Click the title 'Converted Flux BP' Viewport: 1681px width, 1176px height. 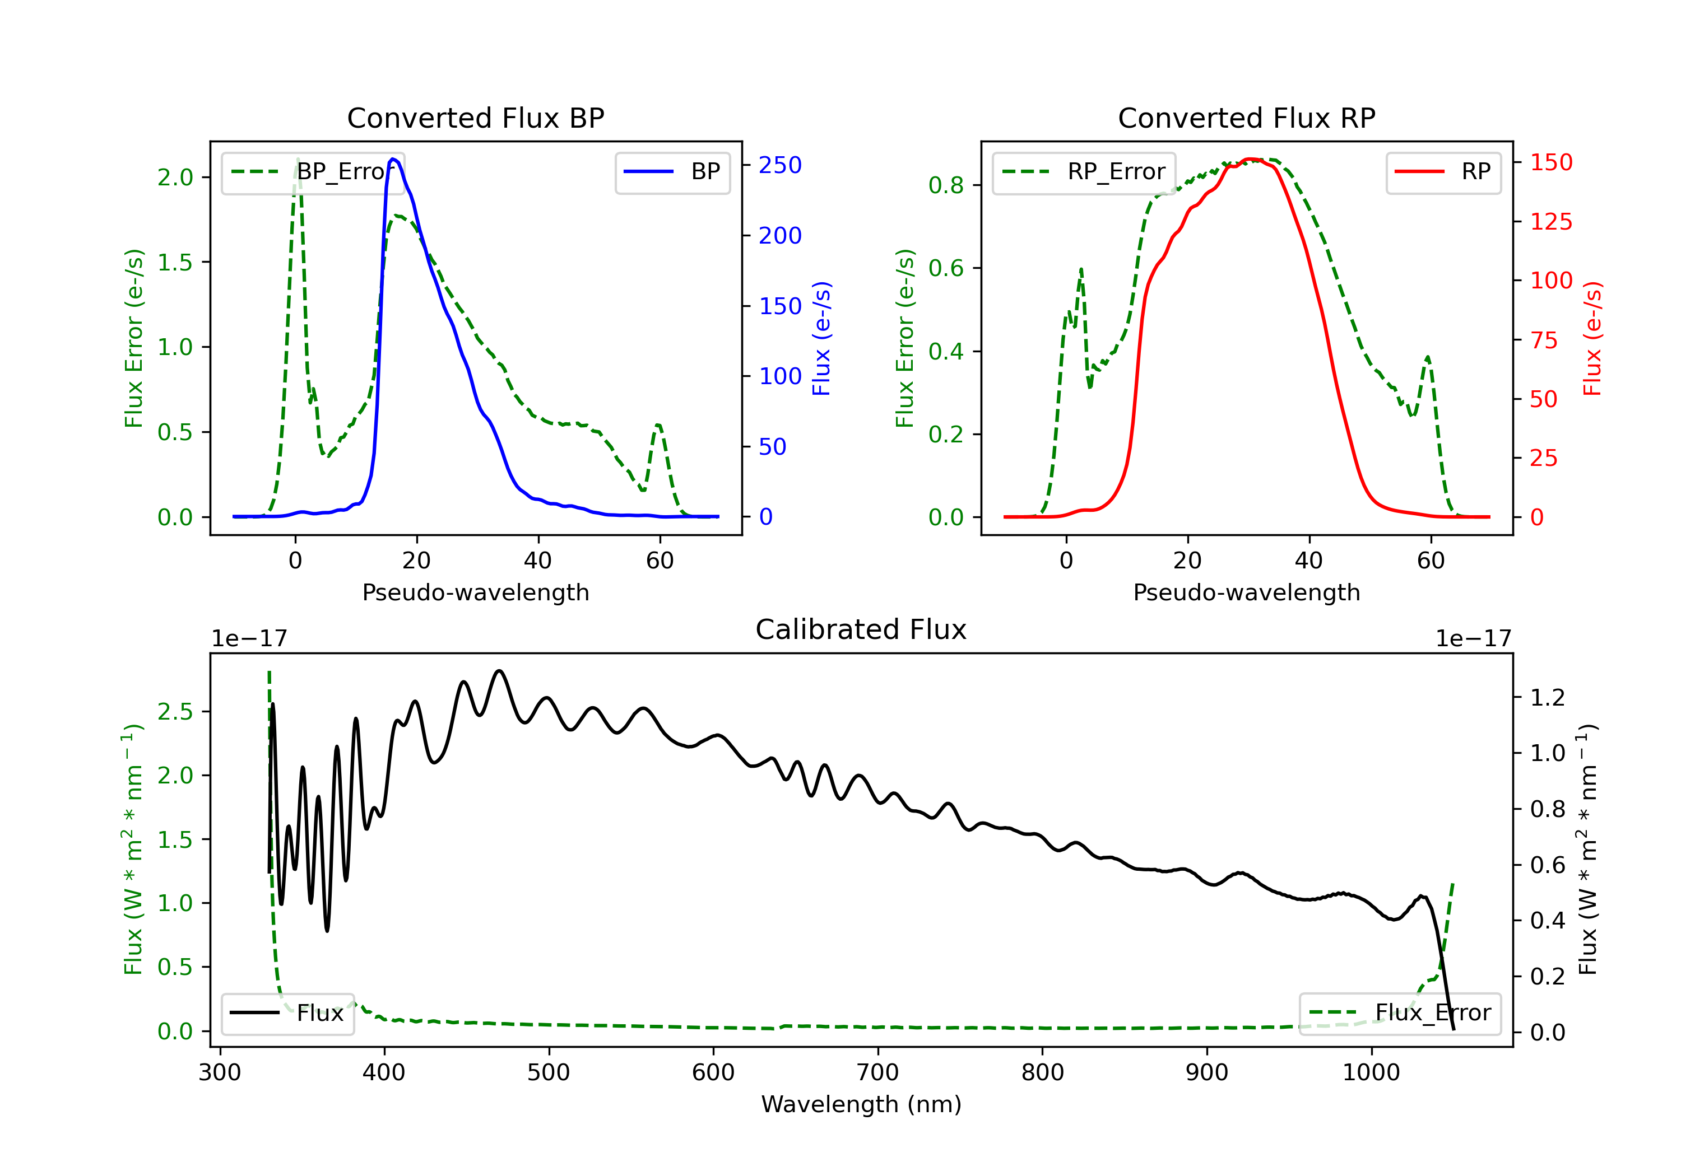coord(475,118)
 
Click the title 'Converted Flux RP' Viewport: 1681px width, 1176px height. coord(1246,118)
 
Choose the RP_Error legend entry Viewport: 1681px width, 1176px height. coord(1084,172)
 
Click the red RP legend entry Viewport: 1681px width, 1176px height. coord(1443,172)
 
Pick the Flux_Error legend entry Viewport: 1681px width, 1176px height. coord(1400,1013)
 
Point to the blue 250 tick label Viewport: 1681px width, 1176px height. coord(780,165)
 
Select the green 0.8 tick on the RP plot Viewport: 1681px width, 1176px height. coord(946,185)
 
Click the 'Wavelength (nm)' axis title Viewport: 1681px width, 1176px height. coord(861,1104)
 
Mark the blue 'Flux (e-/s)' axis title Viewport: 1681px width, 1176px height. coord(821,339)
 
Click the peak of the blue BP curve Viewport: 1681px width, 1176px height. coord(393,159)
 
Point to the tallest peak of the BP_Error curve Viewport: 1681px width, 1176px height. coord(297,160)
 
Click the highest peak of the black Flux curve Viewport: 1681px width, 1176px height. coord(499,671)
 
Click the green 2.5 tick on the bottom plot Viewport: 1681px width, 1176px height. coord(175,711)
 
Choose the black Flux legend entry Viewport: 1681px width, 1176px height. coord(287,1014)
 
